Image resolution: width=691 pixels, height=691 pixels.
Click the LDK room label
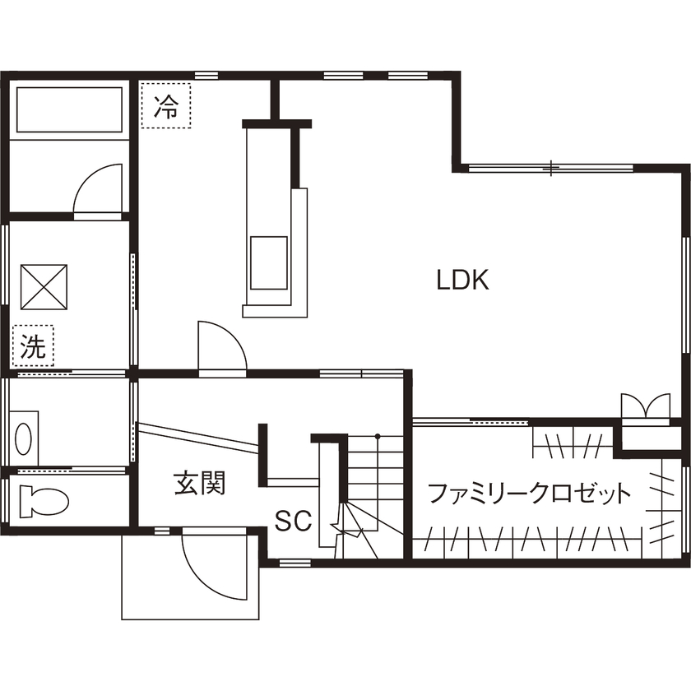463,281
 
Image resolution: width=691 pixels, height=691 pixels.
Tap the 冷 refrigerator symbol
166,105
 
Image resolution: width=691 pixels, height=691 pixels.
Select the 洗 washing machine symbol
32,346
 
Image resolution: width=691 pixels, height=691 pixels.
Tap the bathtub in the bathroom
70,110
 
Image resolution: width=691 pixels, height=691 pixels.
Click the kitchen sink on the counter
269,262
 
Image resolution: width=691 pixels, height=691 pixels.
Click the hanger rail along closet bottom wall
526,542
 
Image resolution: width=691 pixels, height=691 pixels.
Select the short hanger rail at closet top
571,443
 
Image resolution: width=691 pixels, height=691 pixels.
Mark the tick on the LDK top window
551,168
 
